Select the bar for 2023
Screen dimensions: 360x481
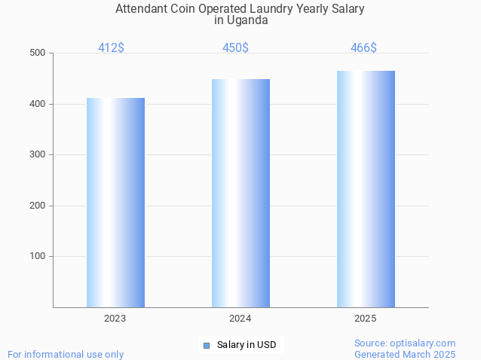coord(115,203)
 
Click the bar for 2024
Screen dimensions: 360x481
coord(240,193)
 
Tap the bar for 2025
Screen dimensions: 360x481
coord(366,189)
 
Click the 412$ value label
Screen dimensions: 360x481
coord(111,48)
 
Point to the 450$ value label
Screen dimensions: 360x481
coord(235,48)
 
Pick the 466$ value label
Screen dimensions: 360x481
coord(363,48)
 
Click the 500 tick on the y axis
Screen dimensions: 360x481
coord(37,53)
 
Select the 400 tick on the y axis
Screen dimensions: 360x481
coord(37,104)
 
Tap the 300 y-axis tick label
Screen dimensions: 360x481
coord(37,155)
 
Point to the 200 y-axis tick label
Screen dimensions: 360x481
coord(37,206)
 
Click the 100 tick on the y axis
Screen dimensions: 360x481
coord(37,257)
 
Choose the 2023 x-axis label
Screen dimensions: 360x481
coord(115,319)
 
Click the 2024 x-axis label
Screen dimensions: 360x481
coord(240,319)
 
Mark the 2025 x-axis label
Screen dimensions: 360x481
coord(366,319)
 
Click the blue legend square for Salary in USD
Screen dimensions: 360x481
coord(206,346)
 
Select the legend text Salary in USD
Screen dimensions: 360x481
coord(247,345)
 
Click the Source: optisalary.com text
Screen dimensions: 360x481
coord(405,343)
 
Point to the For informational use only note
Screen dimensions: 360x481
coord(66,354)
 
